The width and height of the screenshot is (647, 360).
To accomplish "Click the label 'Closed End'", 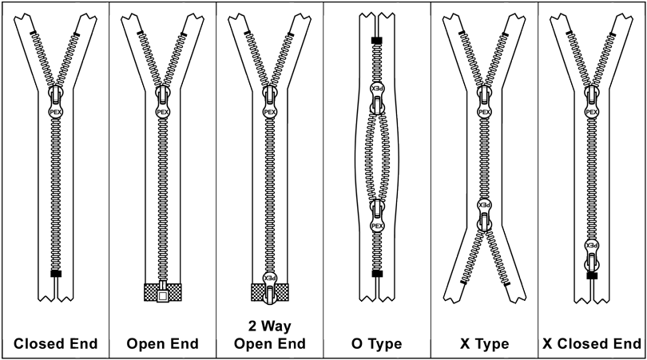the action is [x=55, y=344].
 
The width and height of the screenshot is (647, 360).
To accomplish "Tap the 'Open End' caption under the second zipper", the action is [x=162, y=344].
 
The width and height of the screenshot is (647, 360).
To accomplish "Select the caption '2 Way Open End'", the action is [x=269, y=335].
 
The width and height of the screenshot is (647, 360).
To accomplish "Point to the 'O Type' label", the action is [x=377, y=344].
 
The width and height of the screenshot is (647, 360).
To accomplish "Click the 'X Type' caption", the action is [x=485, y=344].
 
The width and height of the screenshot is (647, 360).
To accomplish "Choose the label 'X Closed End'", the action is [x=592, y=344].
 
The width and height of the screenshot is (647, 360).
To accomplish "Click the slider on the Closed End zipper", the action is [x=55, y=104].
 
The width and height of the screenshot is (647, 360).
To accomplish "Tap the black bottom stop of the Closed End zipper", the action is [x=55, y=274].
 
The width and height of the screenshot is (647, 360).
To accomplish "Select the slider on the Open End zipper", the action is [x=162, y=104].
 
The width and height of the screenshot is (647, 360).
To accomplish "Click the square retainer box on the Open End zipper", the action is [x=162, y=295].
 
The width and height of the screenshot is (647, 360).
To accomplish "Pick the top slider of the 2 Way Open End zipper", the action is [x=269, y=104].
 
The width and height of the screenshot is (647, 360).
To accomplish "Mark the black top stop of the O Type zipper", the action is [x=377, y=39].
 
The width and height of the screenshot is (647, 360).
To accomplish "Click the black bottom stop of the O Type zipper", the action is [x=377, y=274].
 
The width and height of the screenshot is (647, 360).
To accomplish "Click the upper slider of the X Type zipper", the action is [x=484, y=104].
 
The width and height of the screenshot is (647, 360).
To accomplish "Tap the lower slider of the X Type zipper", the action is [x=484, y=212].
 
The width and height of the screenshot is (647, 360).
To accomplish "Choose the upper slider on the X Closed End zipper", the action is [x=592, y=104].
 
